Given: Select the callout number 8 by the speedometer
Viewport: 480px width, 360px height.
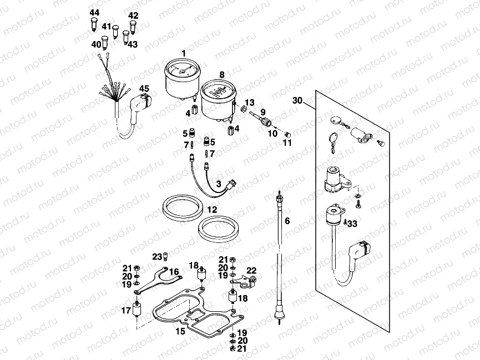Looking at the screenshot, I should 221,74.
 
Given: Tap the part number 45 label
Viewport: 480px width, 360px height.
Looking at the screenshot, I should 144,89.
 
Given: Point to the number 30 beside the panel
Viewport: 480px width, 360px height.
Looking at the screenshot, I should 297,100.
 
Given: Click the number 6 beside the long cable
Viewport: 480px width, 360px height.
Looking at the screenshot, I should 287,221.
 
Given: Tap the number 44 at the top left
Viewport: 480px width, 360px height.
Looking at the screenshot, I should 94,13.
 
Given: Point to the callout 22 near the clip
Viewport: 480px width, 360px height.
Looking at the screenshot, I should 251,270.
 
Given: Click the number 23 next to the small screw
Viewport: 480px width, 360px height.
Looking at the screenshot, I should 156,256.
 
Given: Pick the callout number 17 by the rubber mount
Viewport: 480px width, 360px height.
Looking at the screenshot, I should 127,311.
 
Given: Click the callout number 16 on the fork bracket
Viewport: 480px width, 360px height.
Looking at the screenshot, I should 174,272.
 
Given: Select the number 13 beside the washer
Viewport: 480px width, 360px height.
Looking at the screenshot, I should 249,103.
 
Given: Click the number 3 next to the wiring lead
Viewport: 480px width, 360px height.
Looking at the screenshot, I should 219,184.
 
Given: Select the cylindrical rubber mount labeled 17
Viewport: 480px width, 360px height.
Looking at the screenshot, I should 137,315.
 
